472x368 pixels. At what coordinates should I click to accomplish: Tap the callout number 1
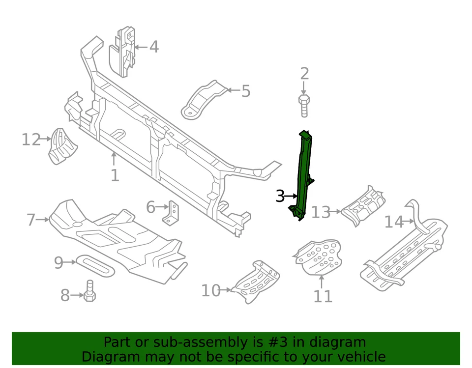[x=115, y=175]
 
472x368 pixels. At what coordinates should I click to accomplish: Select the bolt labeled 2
[x=304, y=106]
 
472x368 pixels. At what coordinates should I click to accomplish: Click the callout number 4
[x=154, y=47]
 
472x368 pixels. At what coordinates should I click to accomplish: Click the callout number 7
[x=31, y=220]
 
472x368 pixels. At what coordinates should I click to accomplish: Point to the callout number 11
[x=323, y=296]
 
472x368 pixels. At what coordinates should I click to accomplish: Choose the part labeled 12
[x=61, y=146]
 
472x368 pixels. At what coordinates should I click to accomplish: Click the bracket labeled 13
[x=364, y=205]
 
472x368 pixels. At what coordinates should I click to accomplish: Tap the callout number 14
[x=393, y=222]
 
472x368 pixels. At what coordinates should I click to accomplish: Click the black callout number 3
[x=280, y=197]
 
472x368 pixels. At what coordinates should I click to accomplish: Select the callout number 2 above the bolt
[x=304, y=74]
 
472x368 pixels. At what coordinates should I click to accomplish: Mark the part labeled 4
[x=123, y=54]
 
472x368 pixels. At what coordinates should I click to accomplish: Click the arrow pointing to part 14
[x=409, y=222]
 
